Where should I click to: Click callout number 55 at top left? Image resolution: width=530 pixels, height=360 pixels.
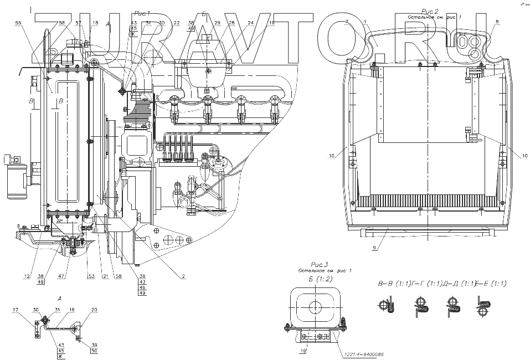[18, 23]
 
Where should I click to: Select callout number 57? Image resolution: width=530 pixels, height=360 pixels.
[78, 23]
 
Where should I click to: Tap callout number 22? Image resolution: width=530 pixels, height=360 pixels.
[176, 23]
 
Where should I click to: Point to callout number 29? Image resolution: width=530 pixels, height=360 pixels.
[217, 23]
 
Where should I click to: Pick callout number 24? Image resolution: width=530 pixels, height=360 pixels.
[251, 23]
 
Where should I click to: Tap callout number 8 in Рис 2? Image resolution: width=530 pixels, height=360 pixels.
[497, 22]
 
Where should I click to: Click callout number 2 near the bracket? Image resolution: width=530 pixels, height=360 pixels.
[183, 276]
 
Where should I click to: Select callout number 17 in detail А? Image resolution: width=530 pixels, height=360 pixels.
[16, 310]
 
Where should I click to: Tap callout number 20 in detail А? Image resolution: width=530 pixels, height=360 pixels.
[94, 310]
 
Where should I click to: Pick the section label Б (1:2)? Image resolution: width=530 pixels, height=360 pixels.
[321, 279]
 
